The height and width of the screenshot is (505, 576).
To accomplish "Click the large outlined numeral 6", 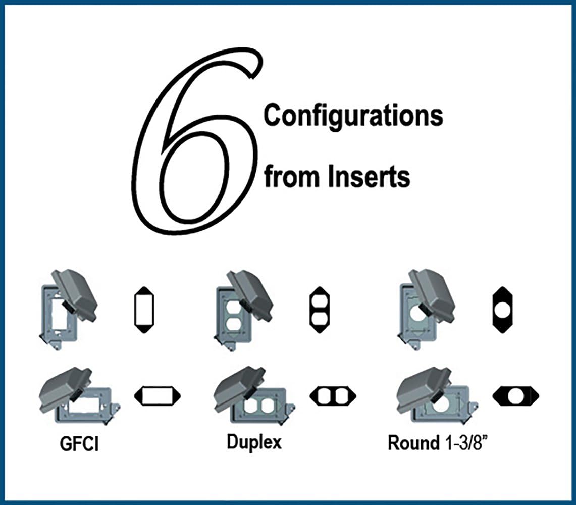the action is tap(147, 147).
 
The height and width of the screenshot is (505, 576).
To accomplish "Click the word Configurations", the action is tap(353, 116).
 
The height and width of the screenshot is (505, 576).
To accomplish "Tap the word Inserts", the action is tap(369, 177).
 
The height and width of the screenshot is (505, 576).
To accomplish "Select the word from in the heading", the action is tap(292, 177).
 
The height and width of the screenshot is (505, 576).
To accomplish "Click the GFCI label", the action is tap(79, 444).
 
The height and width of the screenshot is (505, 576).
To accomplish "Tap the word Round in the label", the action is tap(413, 443).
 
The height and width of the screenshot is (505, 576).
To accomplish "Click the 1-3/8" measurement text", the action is tap(466, 443).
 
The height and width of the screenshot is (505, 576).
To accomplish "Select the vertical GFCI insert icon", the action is tap(144, 310).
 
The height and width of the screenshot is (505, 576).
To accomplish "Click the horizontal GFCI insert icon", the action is tap(157, 396).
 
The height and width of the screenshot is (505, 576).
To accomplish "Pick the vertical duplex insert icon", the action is tap(320, 310).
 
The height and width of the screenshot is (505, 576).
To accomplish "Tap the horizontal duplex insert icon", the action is tap(333, 396).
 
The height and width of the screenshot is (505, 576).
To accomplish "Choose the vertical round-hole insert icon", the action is tap(502, 310).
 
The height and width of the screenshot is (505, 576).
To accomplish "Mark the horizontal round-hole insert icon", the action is tap(516, 396).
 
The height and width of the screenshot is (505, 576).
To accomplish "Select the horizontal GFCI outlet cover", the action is tap(79, 396).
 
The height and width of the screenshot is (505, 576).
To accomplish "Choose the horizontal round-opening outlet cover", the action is tap(437, 396).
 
